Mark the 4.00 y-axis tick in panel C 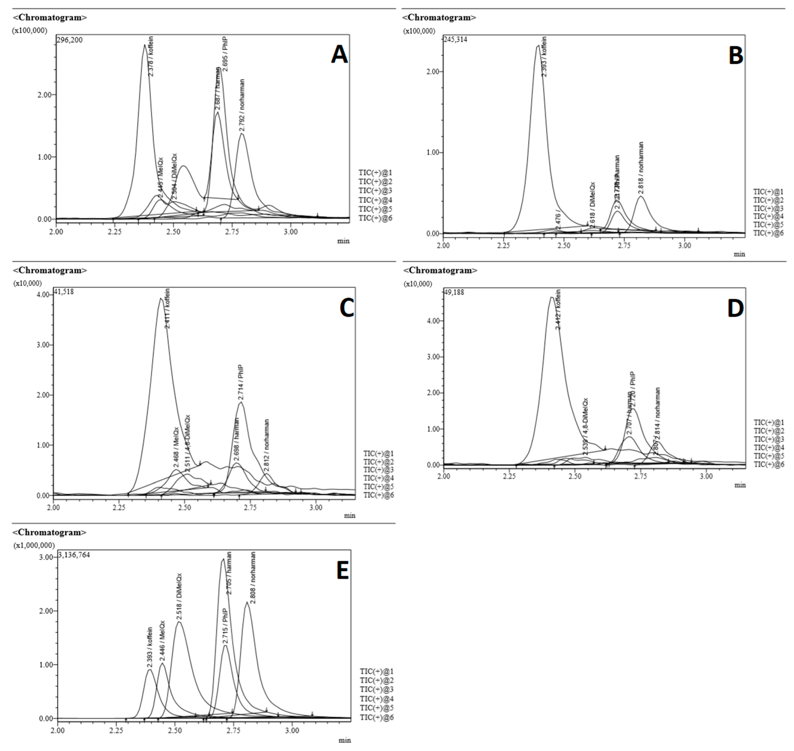click(x=43, y=295)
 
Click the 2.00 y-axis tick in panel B click(x=433, y=72)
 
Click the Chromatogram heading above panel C click(x=50, y=270)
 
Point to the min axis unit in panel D click(x=740, y=485)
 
